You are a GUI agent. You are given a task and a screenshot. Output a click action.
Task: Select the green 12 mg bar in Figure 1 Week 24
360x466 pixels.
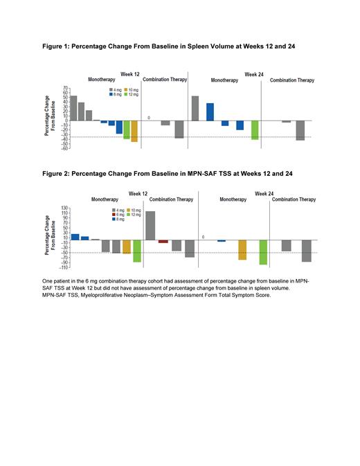(255, 129)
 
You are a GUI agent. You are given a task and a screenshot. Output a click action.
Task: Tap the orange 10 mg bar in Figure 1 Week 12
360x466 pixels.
(134, 130)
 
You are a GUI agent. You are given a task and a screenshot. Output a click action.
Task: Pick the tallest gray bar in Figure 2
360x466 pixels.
(150, 226)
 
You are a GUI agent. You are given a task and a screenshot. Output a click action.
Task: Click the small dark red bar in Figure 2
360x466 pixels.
(163, 242)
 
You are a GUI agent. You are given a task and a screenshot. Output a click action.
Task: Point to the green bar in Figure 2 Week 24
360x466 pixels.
(263, 252)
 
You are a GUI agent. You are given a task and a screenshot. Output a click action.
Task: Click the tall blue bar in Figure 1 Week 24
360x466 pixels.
(210, 111)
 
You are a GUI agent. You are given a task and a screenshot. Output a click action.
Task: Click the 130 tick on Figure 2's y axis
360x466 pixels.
(64, 208)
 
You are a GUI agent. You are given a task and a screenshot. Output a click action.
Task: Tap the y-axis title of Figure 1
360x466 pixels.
(50, 120)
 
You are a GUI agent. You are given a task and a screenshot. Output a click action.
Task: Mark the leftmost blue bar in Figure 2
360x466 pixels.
(75, 237)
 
